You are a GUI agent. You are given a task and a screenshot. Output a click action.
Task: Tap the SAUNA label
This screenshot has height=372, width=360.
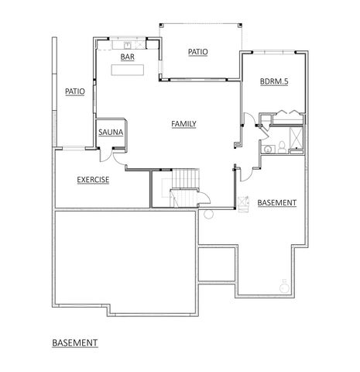click(107, 132)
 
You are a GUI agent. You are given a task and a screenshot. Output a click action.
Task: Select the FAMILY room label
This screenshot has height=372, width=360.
click(183, 123)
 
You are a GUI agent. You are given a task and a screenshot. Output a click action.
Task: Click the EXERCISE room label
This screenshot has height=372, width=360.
click(92, 180)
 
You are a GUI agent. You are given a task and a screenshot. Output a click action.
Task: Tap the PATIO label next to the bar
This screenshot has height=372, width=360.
click(198, 52)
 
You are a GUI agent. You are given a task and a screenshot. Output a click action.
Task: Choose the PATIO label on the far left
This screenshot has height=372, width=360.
click(75, 91)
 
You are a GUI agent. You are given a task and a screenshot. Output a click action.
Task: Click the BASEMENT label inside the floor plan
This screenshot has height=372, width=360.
click(277, 203)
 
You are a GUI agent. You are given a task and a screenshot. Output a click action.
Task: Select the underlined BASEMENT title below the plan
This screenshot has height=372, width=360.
click(75, 341)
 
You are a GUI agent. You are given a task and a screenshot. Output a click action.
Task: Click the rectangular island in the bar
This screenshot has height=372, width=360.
click(129, 71)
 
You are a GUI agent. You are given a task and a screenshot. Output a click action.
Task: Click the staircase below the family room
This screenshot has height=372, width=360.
click(183, 191)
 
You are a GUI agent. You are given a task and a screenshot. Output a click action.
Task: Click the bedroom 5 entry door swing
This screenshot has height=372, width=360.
click(249, 122)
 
